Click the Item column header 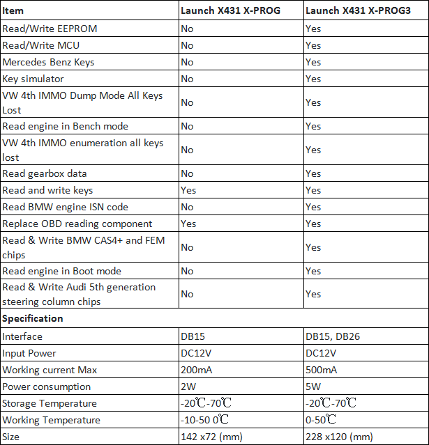pos(13,11)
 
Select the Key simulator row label pos(33,79)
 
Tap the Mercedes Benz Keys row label pos(48,62)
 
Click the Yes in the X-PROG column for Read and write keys pos(188,190)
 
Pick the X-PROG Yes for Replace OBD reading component pos(188,224)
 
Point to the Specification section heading pos(33,318)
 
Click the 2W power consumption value pos(188,387)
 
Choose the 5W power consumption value pos(313,387)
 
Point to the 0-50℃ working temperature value pos(322,420)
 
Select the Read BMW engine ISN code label pos(65,207)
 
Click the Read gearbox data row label pos(45,173)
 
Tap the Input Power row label pos(29,353)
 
